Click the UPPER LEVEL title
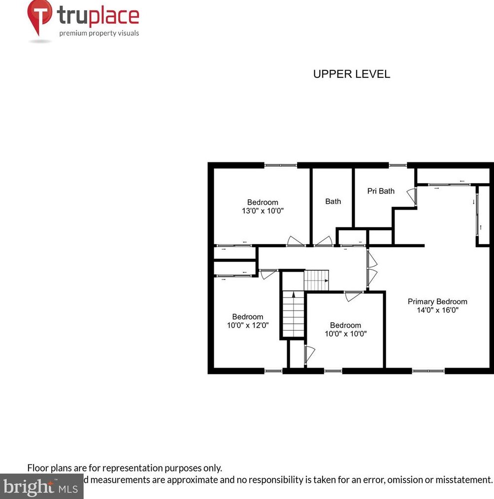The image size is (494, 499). [352, 74]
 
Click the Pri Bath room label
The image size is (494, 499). [381, 191]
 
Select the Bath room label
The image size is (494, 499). [333, 201]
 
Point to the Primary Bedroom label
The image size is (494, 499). [437, 302]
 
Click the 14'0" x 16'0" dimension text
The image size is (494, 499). [437, 310]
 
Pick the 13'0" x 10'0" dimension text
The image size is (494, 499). [263, 210]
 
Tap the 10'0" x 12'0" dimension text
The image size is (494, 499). [247, 325]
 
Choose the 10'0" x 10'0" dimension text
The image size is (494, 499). [346, 334]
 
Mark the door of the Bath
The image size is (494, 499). [324, 242]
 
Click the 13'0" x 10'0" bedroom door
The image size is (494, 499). [296, 242]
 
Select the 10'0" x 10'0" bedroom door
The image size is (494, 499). [353, 296]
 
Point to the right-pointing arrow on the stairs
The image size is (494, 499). [326, 281]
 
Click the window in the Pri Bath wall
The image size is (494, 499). [395, 165]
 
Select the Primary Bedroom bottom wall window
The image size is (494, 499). [428, 371]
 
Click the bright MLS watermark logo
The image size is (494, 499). [41, 487]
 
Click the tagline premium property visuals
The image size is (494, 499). [99, 33]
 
